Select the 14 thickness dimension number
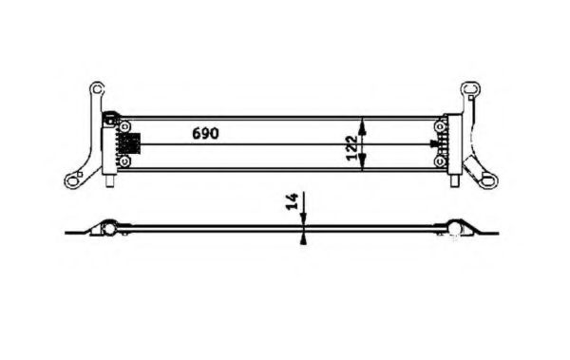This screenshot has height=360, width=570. point(292,201)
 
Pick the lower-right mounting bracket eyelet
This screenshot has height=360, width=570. point(490,178)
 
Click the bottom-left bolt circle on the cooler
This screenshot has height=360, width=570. point(123,161)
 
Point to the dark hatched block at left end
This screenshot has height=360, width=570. point(130,143)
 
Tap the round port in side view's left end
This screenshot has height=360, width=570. point(110,228)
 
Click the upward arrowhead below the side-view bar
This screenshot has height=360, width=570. point(302,239)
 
